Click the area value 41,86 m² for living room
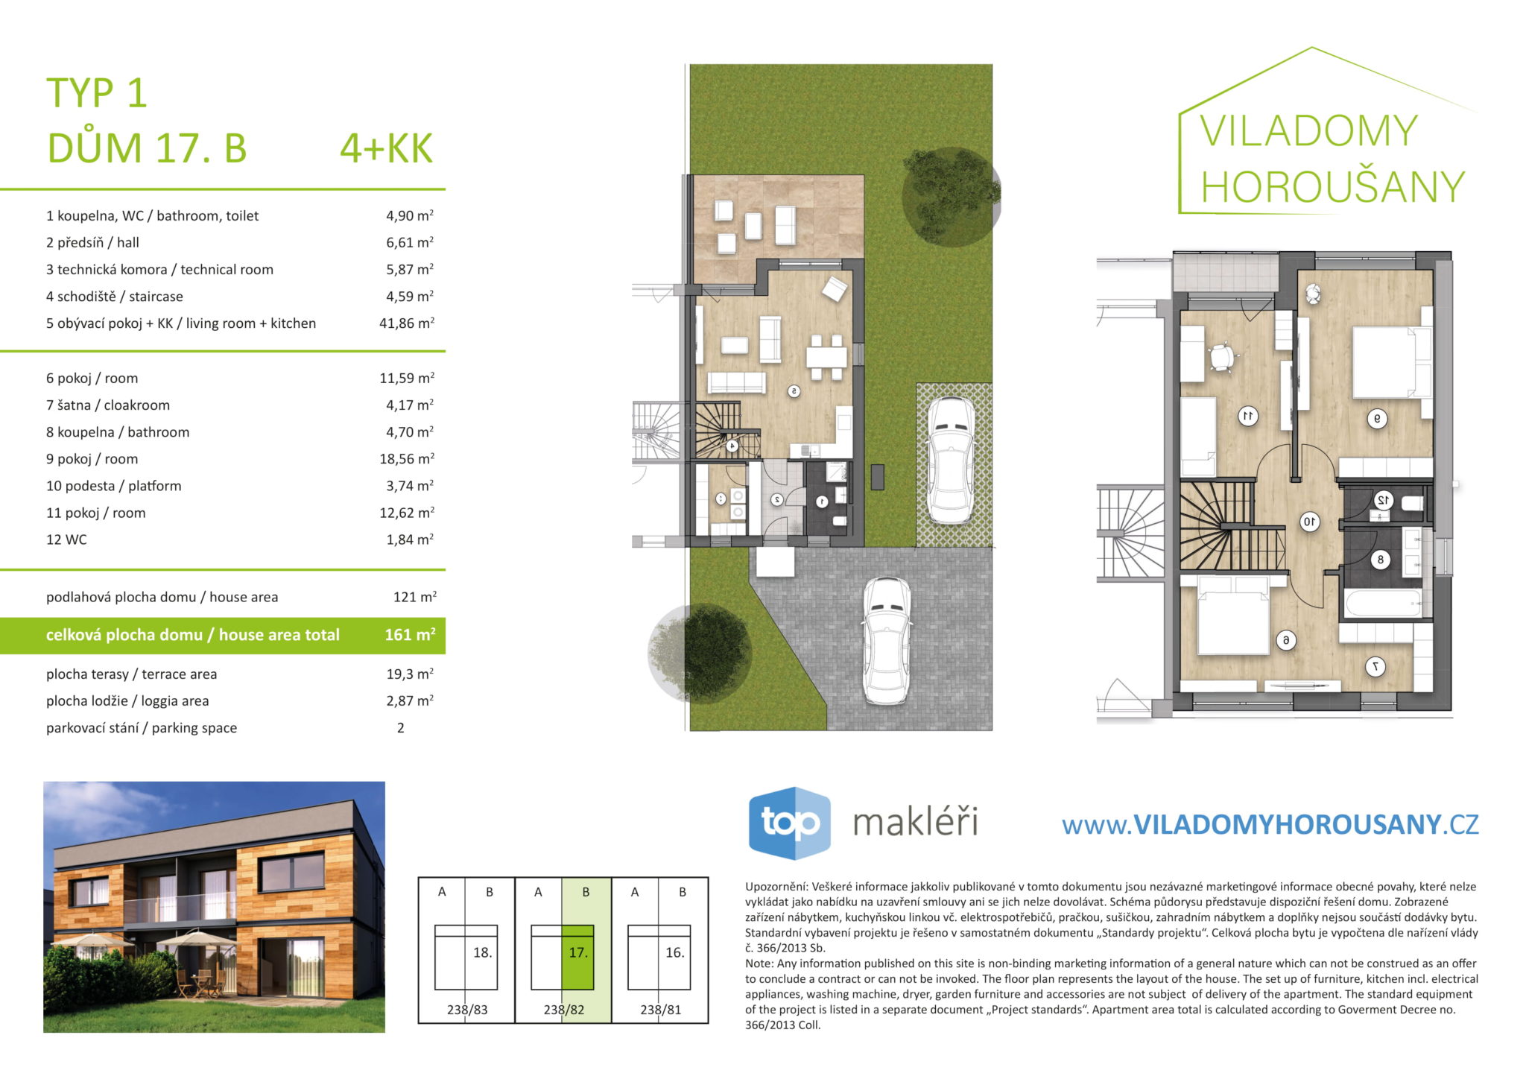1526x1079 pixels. (407, 323)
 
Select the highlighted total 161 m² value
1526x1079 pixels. (410, 635)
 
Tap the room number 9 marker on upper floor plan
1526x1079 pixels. (1377, 419)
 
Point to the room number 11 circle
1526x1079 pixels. (1248, 416)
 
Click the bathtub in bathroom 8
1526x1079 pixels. (1384, 603)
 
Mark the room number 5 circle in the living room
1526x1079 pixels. (794, 390)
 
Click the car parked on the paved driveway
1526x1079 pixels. (887, 641)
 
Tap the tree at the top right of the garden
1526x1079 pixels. (951, 197)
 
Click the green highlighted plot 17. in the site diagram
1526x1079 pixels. (577, 957)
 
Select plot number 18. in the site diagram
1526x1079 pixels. (482, 952)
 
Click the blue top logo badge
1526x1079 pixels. (789, 823)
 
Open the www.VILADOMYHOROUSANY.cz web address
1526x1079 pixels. (1270, 824)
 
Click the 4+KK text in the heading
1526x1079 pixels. (386, 148)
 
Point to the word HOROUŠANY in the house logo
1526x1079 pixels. (1333, 186)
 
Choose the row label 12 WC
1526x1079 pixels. (66, 539)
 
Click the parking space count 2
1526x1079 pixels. (401, 728)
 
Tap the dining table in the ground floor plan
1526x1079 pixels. (826, 358)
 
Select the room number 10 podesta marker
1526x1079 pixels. (1309, 522)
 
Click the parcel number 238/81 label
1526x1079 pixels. (660, 1010)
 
